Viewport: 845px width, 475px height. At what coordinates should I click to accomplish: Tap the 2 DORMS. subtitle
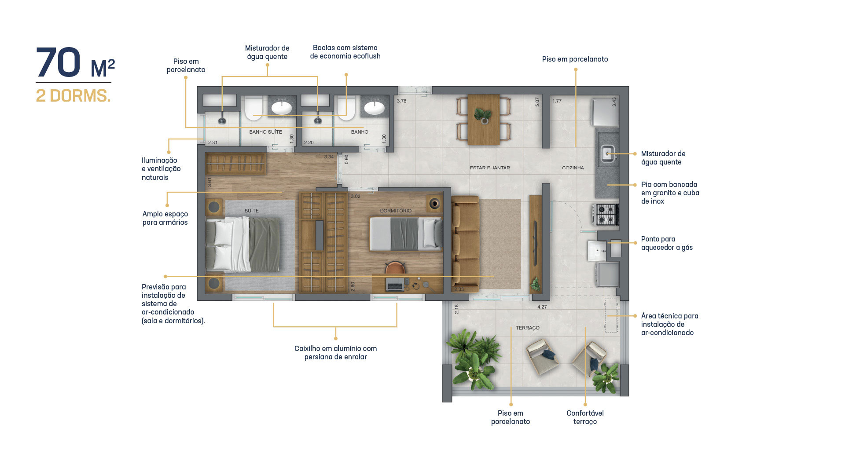point(73,96)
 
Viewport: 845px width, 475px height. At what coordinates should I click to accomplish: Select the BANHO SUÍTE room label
point(265,132)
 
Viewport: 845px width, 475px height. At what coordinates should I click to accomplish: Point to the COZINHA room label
point(573,168)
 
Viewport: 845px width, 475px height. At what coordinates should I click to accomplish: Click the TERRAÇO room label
point(527,328)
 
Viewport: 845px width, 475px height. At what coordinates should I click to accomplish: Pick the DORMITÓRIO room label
point(396,211)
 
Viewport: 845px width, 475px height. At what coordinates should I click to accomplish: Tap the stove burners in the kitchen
point(606,214)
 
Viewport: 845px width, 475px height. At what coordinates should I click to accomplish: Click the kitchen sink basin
point(608,153)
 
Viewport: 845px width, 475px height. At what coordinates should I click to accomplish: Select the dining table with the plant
point(483,119)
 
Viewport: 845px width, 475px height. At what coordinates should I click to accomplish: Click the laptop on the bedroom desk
point(395,285)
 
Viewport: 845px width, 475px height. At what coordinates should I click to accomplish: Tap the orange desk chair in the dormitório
point(395,268)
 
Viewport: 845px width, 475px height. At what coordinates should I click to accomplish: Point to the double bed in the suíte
point(242,245)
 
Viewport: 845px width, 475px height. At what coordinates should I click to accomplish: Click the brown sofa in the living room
point(465,244)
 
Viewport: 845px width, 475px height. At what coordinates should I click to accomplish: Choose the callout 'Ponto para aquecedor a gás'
point(667,243)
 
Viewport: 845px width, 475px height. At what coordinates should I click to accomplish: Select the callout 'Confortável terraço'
point(585,417)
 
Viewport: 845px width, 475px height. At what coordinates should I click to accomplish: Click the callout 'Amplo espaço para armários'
point(165,218)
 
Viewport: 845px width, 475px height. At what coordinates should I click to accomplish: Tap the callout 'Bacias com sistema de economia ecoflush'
point(345,52)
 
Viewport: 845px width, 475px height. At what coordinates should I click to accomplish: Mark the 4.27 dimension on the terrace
point(542,307)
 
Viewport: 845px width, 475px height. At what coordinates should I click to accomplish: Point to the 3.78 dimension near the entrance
point(401,101)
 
